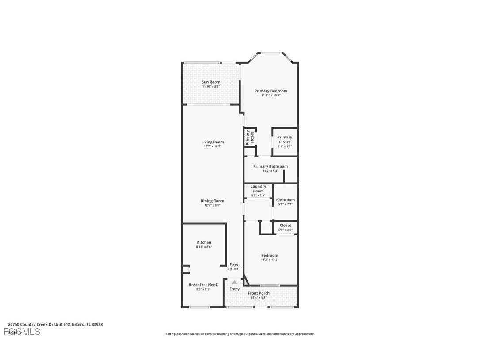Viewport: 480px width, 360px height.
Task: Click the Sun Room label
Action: click(211, 82)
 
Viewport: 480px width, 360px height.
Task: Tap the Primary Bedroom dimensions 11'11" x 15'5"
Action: click(270, 96)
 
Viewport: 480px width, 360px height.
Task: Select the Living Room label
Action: click(213, 142)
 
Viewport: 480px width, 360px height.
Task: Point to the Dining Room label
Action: click(212, 201)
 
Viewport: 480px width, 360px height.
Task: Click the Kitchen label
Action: click(204, 242)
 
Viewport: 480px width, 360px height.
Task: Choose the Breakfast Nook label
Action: click(203, 285)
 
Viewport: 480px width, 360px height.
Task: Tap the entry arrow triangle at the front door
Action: click(234, 282)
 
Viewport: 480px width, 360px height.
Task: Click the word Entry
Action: click(234, 289)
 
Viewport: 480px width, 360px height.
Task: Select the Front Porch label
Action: click(259, 293)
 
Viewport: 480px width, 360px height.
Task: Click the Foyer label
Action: click(235, 264)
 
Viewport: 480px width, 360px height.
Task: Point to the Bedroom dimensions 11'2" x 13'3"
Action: click(270, 260)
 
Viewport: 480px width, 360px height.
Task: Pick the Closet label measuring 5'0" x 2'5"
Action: click(286, 226)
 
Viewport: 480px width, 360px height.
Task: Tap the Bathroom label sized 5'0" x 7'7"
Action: click(286, 200)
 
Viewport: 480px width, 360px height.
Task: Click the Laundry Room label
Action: click(259, 189)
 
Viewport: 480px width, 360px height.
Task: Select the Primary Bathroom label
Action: click(270, 167)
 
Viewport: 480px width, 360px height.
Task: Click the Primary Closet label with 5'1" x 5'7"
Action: click(285, 140)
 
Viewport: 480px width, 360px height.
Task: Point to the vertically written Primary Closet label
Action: click(250, 138)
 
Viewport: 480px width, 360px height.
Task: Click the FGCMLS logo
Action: click(22, 332)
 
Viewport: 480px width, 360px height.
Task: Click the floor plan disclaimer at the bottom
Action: click(240, 334)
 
